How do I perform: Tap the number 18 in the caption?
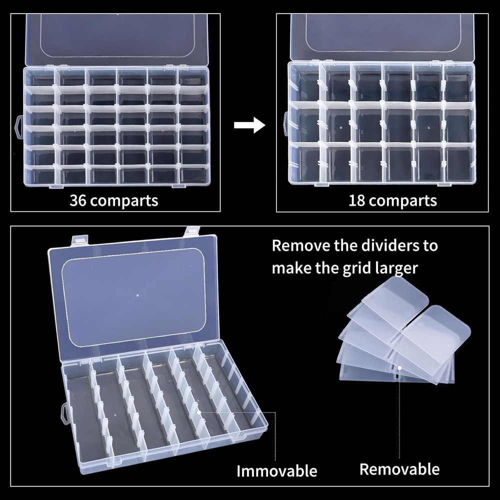(x=357, y=200)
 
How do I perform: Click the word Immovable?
(x=276, y=470)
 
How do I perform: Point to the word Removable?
(x=399, y=469)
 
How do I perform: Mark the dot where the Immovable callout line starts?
(x=199, y=412)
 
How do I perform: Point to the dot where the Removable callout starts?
(x=399, y=368)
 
